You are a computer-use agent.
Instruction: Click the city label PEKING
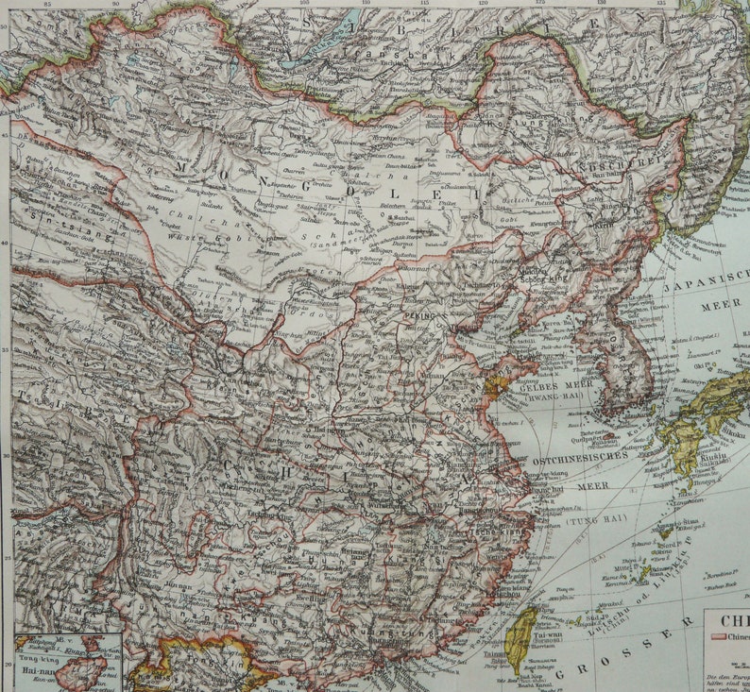coord(423,319)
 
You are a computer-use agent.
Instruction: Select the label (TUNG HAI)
coord(591,519)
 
